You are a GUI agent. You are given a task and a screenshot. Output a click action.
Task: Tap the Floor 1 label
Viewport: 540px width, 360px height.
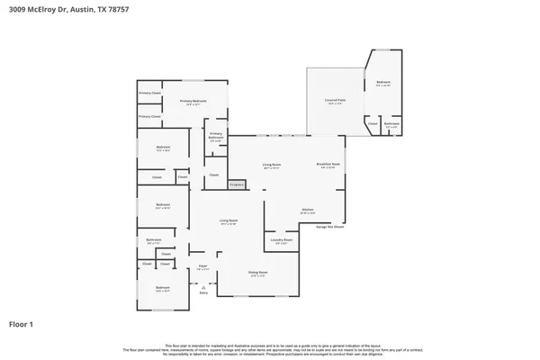(22, 323)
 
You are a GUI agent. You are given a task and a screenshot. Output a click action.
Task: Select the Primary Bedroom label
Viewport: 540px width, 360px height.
(193, 102)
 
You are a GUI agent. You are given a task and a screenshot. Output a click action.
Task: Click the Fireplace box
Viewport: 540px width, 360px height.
(237, 184)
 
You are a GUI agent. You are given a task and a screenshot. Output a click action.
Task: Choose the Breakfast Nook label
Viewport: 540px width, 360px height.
(328, 164)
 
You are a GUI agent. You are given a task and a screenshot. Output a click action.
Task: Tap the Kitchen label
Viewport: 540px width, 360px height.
(307, 210)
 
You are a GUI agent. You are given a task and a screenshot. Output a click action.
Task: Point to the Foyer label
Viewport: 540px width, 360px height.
(203, 266)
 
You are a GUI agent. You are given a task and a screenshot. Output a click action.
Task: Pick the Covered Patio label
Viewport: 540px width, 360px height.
(334, 102)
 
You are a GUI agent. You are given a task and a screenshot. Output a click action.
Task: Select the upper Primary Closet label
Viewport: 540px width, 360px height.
(149, 94)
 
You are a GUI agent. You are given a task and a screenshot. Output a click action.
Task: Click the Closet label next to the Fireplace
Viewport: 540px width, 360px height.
(214, 175)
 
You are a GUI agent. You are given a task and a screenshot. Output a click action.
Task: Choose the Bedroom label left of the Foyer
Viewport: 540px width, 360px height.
(163, 288)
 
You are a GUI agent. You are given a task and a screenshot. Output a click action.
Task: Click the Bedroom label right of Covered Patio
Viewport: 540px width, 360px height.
(383, 83)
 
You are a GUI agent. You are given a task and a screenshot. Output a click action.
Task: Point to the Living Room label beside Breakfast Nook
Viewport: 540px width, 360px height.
(271, 165)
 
